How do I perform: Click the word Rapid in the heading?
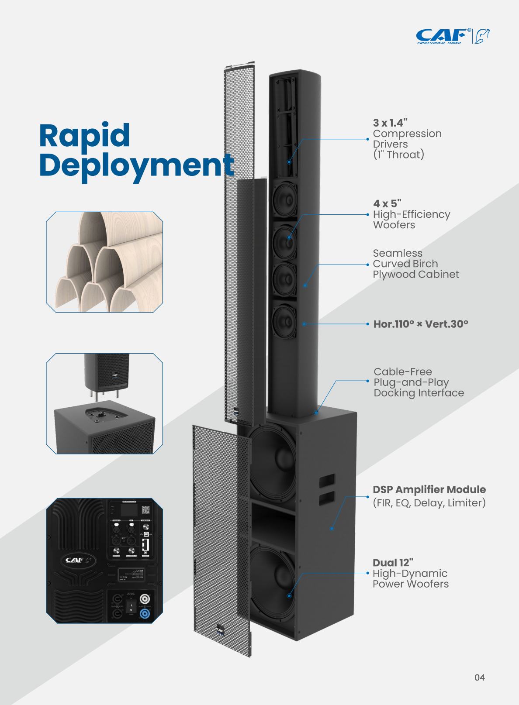84,135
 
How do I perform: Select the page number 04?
479,677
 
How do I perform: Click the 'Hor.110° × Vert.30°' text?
420,324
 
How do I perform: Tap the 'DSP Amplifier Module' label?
429,489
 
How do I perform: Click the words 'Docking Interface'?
419,393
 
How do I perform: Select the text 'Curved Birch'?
405,264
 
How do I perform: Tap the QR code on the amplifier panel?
146,510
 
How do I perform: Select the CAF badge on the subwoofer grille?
219,629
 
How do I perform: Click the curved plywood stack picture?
104,262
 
